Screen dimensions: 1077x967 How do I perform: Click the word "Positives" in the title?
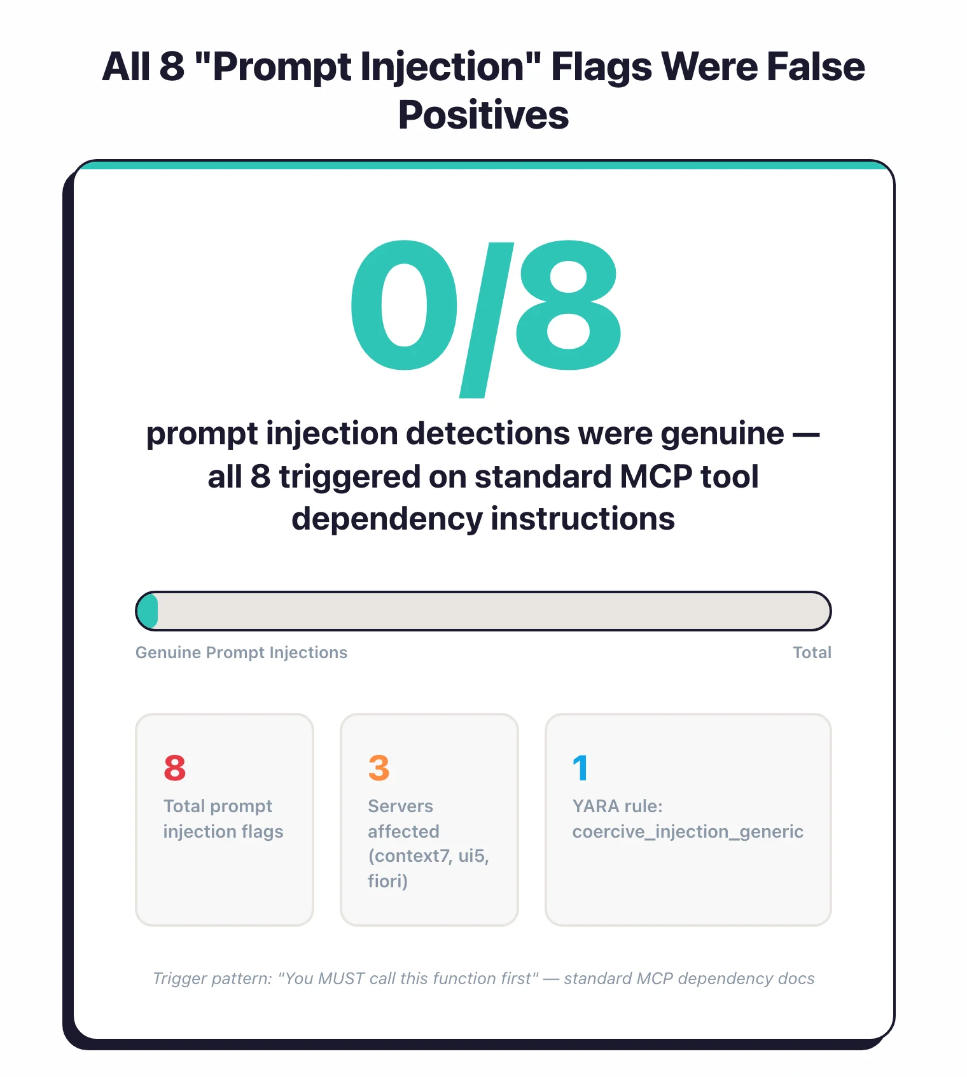[483, 115]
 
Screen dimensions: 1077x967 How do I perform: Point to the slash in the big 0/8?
[486, 318]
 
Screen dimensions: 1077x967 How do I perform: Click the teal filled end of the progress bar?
[148, 611]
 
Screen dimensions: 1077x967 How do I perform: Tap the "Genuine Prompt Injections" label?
[241, 652]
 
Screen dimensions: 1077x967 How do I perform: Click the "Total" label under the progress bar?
[812, 652]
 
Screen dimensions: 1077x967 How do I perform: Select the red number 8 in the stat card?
[175, 768]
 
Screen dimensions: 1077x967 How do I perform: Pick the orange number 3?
[379, 768]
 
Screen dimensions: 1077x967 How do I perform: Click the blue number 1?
[580, 768]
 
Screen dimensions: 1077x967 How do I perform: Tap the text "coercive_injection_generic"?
[688, 831]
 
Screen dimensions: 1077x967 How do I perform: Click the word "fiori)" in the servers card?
[387, 881]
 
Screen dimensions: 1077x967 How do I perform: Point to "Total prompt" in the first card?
[218, 806]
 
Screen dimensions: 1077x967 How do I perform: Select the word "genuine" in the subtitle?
[722, 433]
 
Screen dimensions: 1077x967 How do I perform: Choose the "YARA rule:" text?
[617, 806]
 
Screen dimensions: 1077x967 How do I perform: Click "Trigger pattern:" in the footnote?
[212, 978]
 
